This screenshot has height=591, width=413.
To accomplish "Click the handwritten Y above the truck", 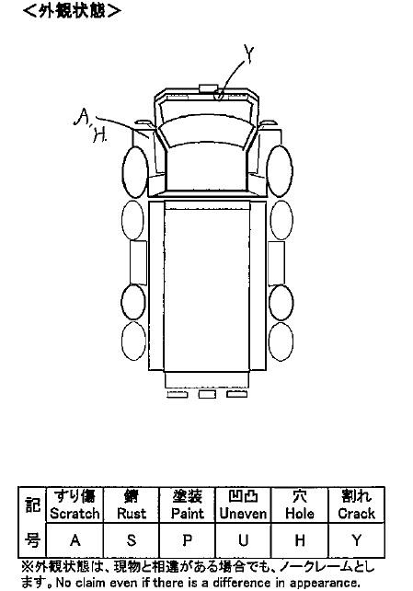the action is (x=248, y=53).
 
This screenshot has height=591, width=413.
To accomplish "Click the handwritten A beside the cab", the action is (x=81, y=117).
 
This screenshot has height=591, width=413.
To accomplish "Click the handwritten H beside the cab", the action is (x=99, y=135).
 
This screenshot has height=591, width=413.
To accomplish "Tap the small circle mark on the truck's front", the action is (x=219, y=95).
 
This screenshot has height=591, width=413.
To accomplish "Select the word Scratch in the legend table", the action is (x=75, y=514).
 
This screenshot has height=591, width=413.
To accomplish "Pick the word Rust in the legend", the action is (x=132, y=514).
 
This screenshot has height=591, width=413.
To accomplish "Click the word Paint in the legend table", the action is (x=187, y=514).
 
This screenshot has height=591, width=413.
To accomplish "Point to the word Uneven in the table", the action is (x=243, y=514).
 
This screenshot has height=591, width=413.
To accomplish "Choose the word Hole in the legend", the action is (x=300, y=514).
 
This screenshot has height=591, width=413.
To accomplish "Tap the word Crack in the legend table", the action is (x=356, y=514).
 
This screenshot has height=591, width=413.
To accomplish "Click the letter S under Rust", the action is (x=131, y=540).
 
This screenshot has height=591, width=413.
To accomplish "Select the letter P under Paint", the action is (x=187, y=540).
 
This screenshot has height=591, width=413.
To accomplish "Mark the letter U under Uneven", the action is (x=243, y=540).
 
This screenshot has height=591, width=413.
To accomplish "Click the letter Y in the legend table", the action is (x=356, y=540).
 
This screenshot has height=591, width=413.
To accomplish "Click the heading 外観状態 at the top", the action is (x=72, y=10).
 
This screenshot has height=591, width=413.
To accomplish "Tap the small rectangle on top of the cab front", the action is (x=208, y=88).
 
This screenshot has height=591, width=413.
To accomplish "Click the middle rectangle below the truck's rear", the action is (x=207, y=394).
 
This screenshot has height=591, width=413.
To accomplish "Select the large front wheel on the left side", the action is (x=135, y=172).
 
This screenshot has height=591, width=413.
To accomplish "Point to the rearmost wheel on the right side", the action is (x=281, y=342).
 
